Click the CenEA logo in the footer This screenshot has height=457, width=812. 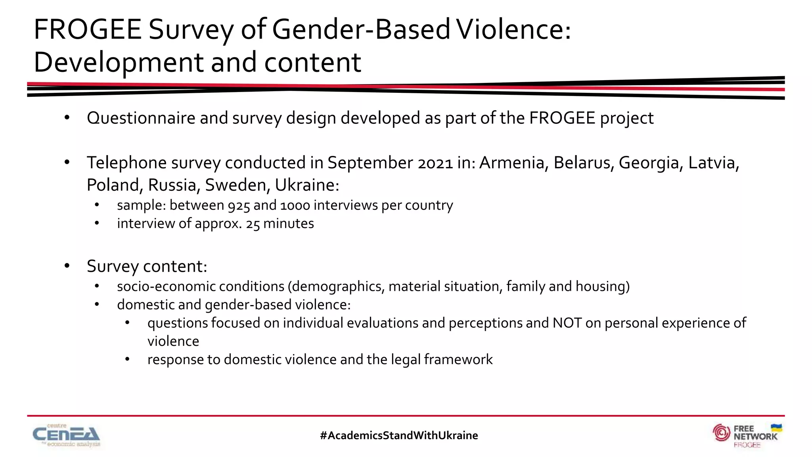[67, 436]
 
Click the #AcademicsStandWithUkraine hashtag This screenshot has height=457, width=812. [399, 436]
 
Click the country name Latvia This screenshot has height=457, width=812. [713, 163]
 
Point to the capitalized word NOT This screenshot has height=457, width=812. [567, 323]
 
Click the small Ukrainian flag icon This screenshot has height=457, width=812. [776, 428]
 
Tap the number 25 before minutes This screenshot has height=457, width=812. [253, 224]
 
